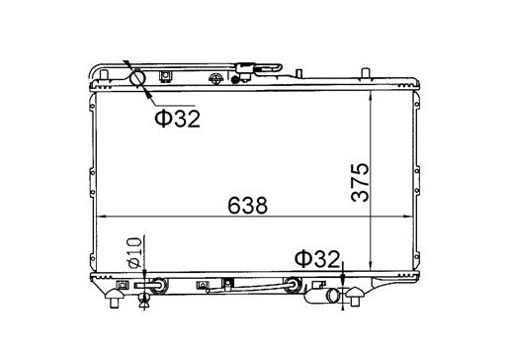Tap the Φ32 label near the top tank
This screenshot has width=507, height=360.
175,120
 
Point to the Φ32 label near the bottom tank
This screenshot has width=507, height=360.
316,260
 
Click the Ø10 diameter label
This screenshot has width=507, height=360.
133,255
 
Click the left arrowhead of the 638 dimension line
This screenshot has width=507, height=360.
97,218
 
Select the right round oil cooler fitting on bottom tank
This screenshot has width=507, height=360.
291,288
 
